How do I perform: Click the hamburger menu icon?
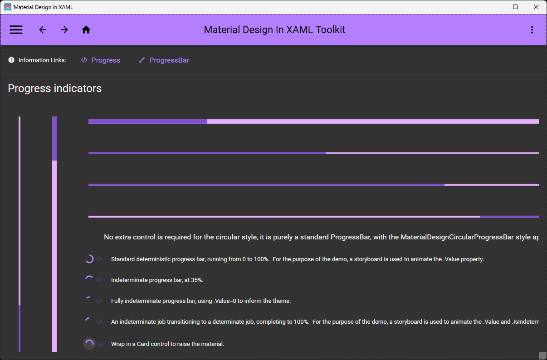point(16,30)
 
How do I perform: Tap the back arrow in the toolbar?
point(43,30)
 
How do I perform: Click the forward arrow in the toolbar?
point(64,30)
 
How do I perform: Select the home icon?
point(86,30)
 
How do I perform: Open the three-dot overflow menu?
point(532,30)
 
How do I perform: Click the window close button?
point(536,7)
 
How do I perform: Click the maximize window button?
point(515,7)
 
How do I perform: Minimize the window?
point(494,7)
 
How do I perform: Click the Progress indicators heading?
point(55,88)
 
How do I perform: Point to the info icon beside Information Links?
point(11,60)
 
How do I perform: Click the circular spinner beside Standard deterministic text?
point(89,259)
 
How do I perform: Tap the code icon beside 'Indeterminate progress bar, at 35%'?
point(99,280)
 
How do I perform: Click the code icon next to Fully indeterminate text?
point(99,301)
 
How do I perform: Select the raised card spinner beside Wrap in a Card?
point(89,344)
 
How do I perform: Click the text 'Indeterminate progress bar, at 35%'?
point(157,280)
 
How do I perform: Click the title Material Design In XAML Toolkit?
point(274,30)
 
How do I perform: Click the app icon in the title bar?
point(8,7)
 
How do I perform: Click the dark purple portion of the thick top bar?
point(147,122)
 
